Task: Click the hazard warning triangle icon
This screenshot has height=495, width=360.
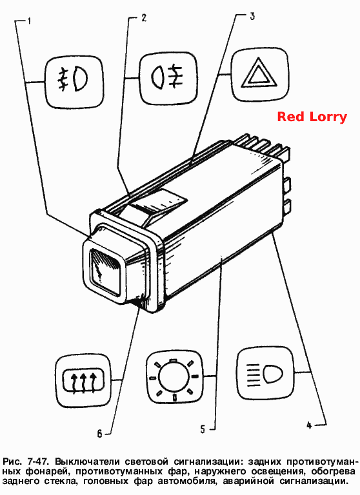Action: tap(259, 75)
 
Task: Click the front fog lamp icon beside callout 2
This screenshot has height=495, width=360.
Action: tap(168, 77)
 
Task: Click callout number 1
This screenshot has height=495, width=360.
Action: tap(29, 22)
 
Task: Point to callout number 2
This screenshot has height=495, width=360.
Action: tap(144, 17)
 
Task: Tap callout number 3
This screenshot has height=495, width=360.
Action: tap(252, 15)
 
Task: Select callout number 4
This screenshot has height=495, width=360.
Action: tap(309, 425)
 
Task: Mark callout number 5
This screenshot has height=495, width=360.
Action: tap(203, 429)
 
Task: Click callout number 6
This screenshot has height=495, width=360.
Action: tap(99, 434)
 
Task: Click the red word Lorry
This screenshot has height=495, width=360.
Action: tap(328, 117)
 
